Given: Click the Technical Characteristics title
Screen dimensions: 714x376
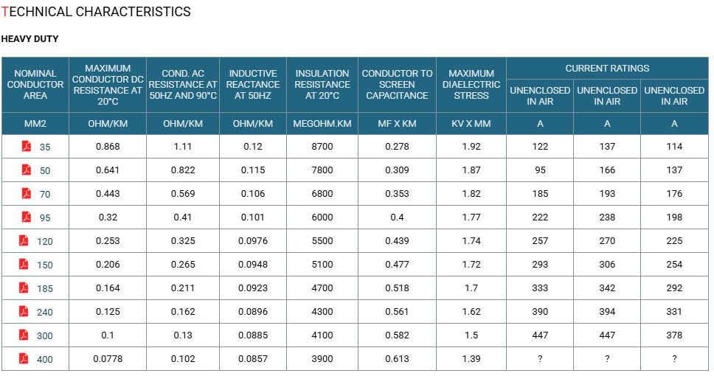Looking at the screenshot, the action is tap(96, 11).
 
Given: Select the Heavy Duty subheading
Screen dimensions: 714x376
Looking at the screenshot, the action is tap(30, 38).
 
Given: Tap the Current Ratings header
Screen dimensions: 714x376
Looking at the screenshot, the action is tap(607, 69).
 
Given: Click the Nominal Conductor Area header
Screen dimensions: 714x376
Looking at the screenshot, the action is tap(35, 84).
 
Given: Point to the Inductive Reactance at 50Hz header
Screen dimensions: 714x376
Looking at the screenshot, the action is tap(253, 84).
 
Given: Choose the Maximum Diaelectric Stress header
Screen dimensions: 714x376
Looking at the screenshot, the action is tap(471, 84).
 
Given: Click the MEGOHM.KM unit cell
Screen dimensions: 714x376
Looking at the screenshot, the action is tap(322, 123).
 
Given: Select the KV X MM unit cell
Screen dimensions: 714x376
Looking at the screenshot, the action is tap(471, 123).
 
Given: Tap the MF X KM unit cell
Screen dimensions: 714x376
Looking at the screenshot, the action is tap(397, 123).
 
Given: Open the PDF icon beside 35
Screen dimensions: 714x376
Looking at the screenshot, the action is tap(27, 146).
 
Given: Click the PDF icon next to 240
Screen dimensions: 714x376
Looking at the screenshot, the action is tap(24, 311).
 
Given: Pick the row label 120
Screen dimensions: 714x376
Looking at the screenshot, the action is tap(44, 241).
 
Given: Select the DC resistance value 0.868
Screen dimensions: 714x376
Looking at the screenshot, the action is tap(108, 147).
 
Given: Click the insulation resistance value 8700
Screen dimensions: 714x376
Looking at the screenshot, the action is tap(322, 147).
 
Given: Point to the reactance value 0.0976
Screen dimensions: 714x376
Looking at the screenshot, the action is tap(253, 241).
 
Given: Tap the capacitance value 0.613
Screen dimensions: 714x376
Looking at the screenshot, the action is tap(397, 359).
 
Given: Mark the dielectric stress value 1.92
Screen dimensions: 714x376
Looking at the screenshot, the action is tap(471, 147).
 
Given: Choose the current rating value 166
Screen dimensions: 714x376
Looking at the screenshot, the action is tap(607, 170).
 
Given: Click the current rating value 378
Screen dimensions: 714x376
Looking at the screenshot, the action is tap(674, 335).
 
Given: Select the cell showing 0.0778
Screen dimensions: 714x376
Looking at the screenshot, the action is tap(108, 359).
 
